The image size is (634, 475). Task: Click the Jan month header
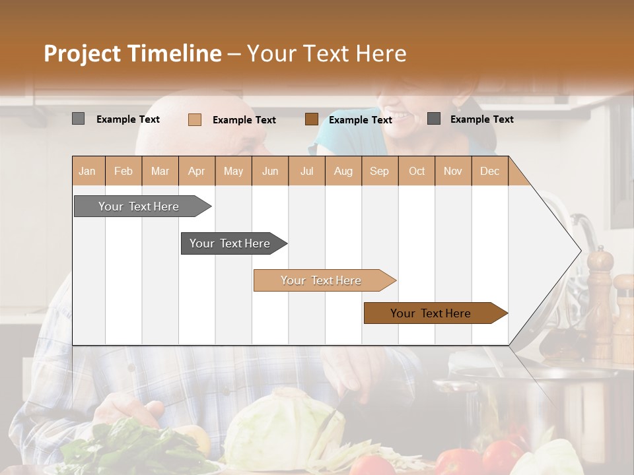[x=87, y=172]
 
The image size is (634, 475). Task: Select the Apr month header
[x=197, y=172]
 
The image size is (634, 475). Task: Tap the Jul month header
[x=306, y=172]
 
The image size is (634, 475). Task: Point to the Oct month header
[x=417, y=172]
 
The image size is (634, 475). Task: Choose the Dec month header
[x=489, y=172]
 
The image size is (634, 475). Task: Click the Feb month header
[x=123, y=172]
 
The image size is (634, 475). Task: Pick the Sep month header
[x=380, y=172]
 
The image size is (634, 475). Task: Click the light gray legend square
[x=79, y=119]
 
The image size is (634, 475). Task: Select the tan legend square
[x=195, y=119]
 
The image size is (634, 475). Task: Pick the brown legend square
[x=312, y=119]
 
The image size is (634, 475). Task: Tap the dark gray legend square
[x=434, y=119]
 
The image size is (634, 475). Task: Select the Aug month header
[x=343, y=172]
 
